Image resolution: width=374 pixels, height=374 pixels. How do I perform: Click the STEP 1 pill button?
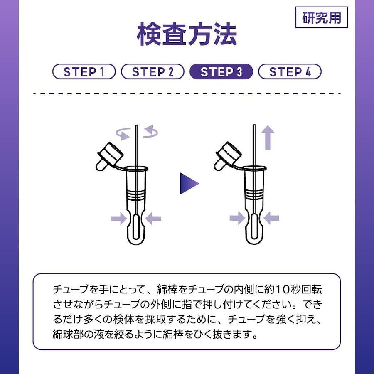coord(84,71)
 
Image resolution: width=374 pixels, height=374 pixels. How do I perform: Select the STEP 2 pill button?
coord(153,71)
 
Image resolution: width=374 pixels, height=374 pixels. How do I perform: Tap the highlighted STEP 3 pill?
coord(221,71)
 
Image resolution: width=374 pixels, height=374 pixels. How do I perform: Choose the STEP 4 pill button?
coord(290,71)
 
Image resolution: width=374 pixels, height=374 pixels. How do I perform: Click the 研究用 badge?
coord(322,17)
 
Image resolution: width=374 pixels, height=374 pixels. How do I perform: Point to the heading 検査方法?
coord(187,34)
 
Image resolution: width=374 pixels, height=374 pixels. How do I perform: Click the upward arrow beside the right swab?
coord(268,138)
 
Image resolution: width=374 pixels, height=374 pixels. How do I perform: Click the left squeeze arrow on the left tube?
coord(119,219)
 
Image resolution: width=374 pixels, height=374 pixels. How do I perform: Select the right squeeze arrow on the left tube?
coord(153,219)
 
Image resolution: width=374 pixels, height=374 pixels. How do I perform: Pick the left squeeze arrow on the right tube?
coord(237,218)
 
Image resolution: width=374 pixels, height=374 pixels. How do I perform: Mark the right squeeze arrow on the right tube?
coord(271,218)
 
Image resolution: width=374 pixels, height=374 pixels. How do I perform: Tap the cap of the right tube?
coord(228,156)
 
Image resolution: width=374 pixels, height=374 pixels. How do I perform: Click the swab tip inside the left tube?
coord(136,226)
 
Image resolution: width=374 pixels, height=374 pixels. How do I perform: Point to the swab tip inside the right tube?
coord(254,226)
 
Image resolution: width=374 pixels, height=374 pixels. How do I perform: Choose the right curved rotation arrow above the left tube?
coord(150,132)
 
